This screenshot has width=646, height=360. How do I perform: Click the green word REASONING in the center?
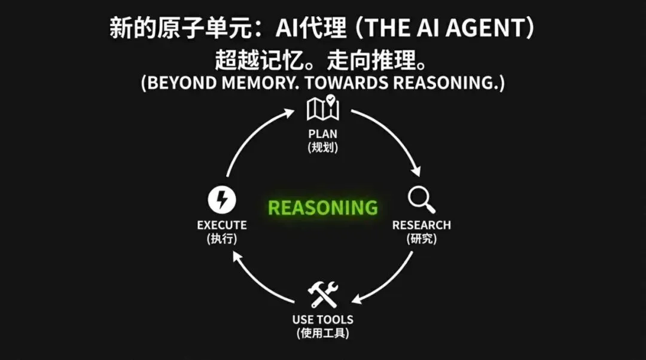323,208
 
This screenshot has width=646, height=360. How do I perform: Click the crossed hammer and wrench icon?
323,295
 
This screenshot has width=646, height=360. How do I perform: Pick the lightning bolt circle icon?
221,200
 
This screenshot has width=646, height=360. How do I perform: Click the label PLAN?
323,134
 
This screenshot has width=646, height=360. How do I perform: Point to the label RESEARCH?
421,225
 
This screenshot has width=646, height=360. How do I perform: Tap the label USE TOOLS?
323,319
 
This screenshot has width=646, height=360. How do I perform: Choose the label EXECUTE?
222,225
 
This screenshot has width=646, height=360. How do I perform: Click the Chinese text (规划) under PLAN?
323,147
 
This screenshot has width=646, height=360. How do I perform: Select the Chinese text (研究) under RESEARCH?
421,239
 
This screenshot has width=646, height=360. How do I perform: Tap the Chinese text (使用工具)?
323,333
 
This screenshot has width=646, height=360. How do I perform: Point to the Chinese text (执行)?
222,239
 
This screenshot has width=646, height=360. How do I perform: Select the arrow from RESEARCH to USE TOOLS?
389,281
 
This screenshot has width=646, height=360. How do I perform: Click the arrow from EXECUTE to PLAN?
254,135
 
